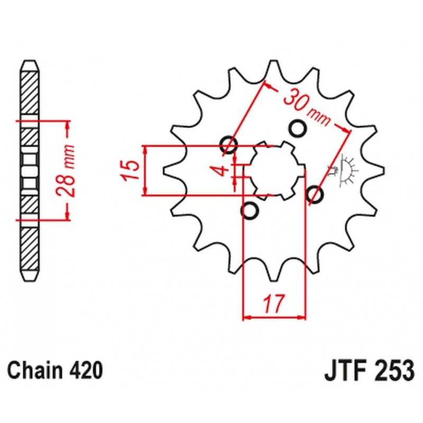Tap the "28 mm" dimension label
coord(66,171)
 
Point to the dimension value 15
coord(131,170)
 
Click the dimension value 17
coord(273,304)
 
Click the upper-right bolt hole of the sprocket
coord(298,128)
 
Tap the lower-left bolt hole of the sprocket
coord(250,210)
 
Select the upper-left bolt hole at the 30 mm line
coord(229,145)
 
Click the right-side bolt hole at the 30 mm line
coord(315,194)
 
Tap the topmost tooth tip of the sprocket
coord(274,61)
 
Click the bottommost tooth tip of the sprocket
coord(274,281)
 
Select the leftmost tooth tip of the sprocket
coord(164,170)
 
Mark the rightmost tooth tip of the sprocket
coord(383,170)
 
